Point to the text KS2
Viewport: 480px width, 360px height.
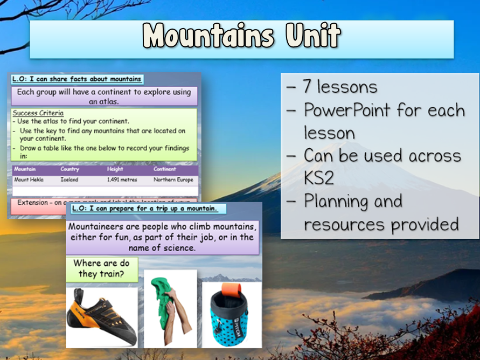pos(319,178)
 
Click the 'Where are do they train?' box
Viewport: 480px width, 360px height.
pos(102,269)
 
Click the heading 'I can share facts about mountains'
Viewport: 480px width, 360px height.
pos(77,79)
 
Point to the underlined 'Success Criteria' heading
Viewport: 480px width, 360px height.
pos(38,113)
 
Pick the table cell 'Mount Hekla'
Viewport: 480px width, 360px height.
pos(29,179)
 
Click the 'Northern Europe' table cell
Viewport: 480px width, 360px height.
pos(175,179)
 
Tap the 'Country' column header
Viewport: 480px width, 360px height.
pos(70,169)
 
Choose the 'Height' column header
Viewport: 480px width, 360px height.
pos(115,169)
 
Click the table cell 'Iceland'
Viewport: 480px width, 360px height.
pos(69,179)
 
